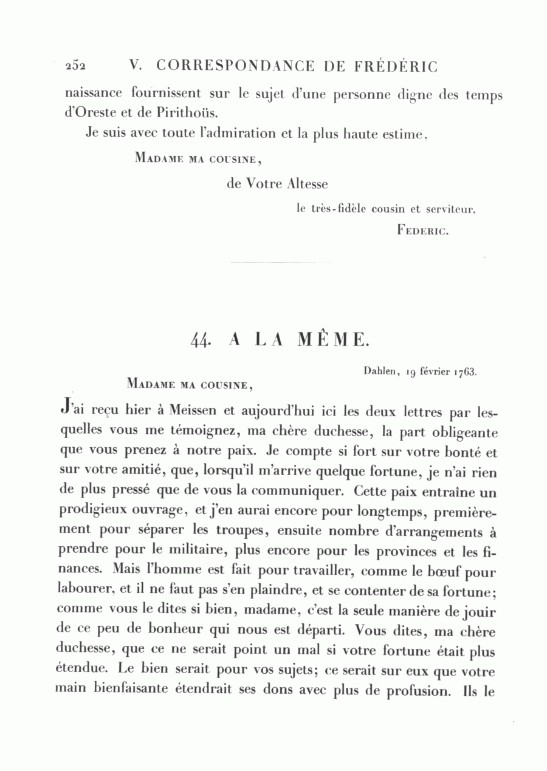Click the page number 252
75,66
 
